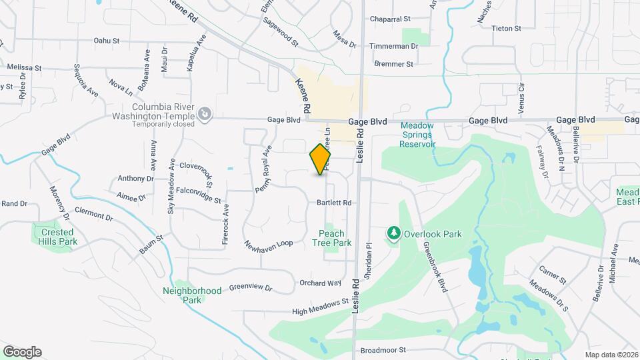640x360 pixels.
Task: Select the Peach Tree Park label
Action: (x=331, y=238)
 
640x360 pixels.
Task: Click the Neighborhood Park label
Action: (x=192, y=295)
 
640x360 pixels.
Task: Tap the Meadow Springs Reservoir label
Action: (x=417, y=135)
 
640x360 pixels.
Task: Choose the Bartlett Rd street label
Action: (x=334, y=202)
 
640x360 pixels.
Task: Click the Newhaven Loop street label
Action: (x=269, y=244)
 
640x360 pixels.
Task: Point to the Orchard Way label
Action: (x=320, y=283)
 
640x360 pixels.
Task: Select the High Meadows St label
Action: (x=321, y=306)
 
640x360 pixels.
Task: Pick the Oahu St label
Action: (x=106, y=41)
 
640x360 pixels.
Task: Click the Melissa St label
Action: (x=24, y=68)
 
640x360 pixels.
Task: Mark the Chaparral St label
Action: (x=390, y=20)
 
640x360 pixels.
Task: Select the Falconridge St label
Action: (x=199, y=195)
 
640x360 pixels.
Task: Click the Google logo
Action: (x=22, y=352)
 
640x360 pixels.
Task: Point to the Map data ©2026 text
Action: (x=611, y=354)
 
